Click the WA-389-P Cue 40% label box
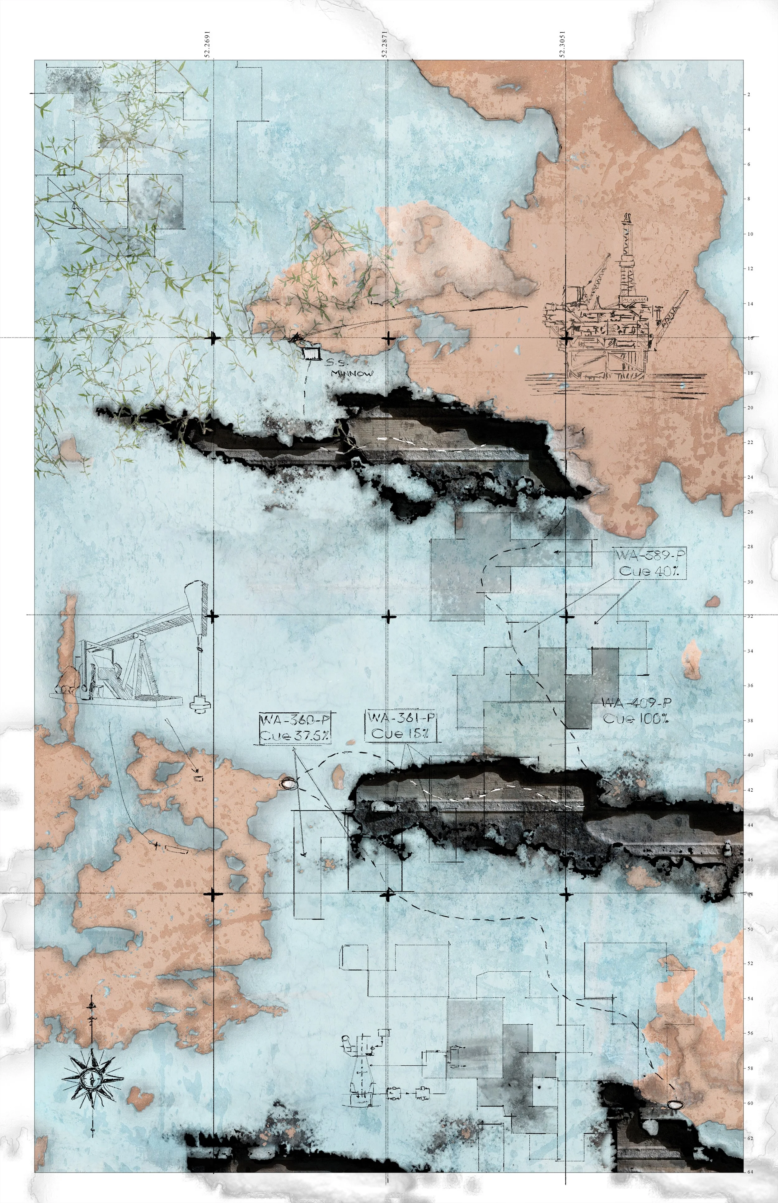(x=650, y=563)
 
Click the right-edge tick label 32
(x=750, y=616)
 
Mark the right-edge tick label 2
(x=749, y=95)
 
